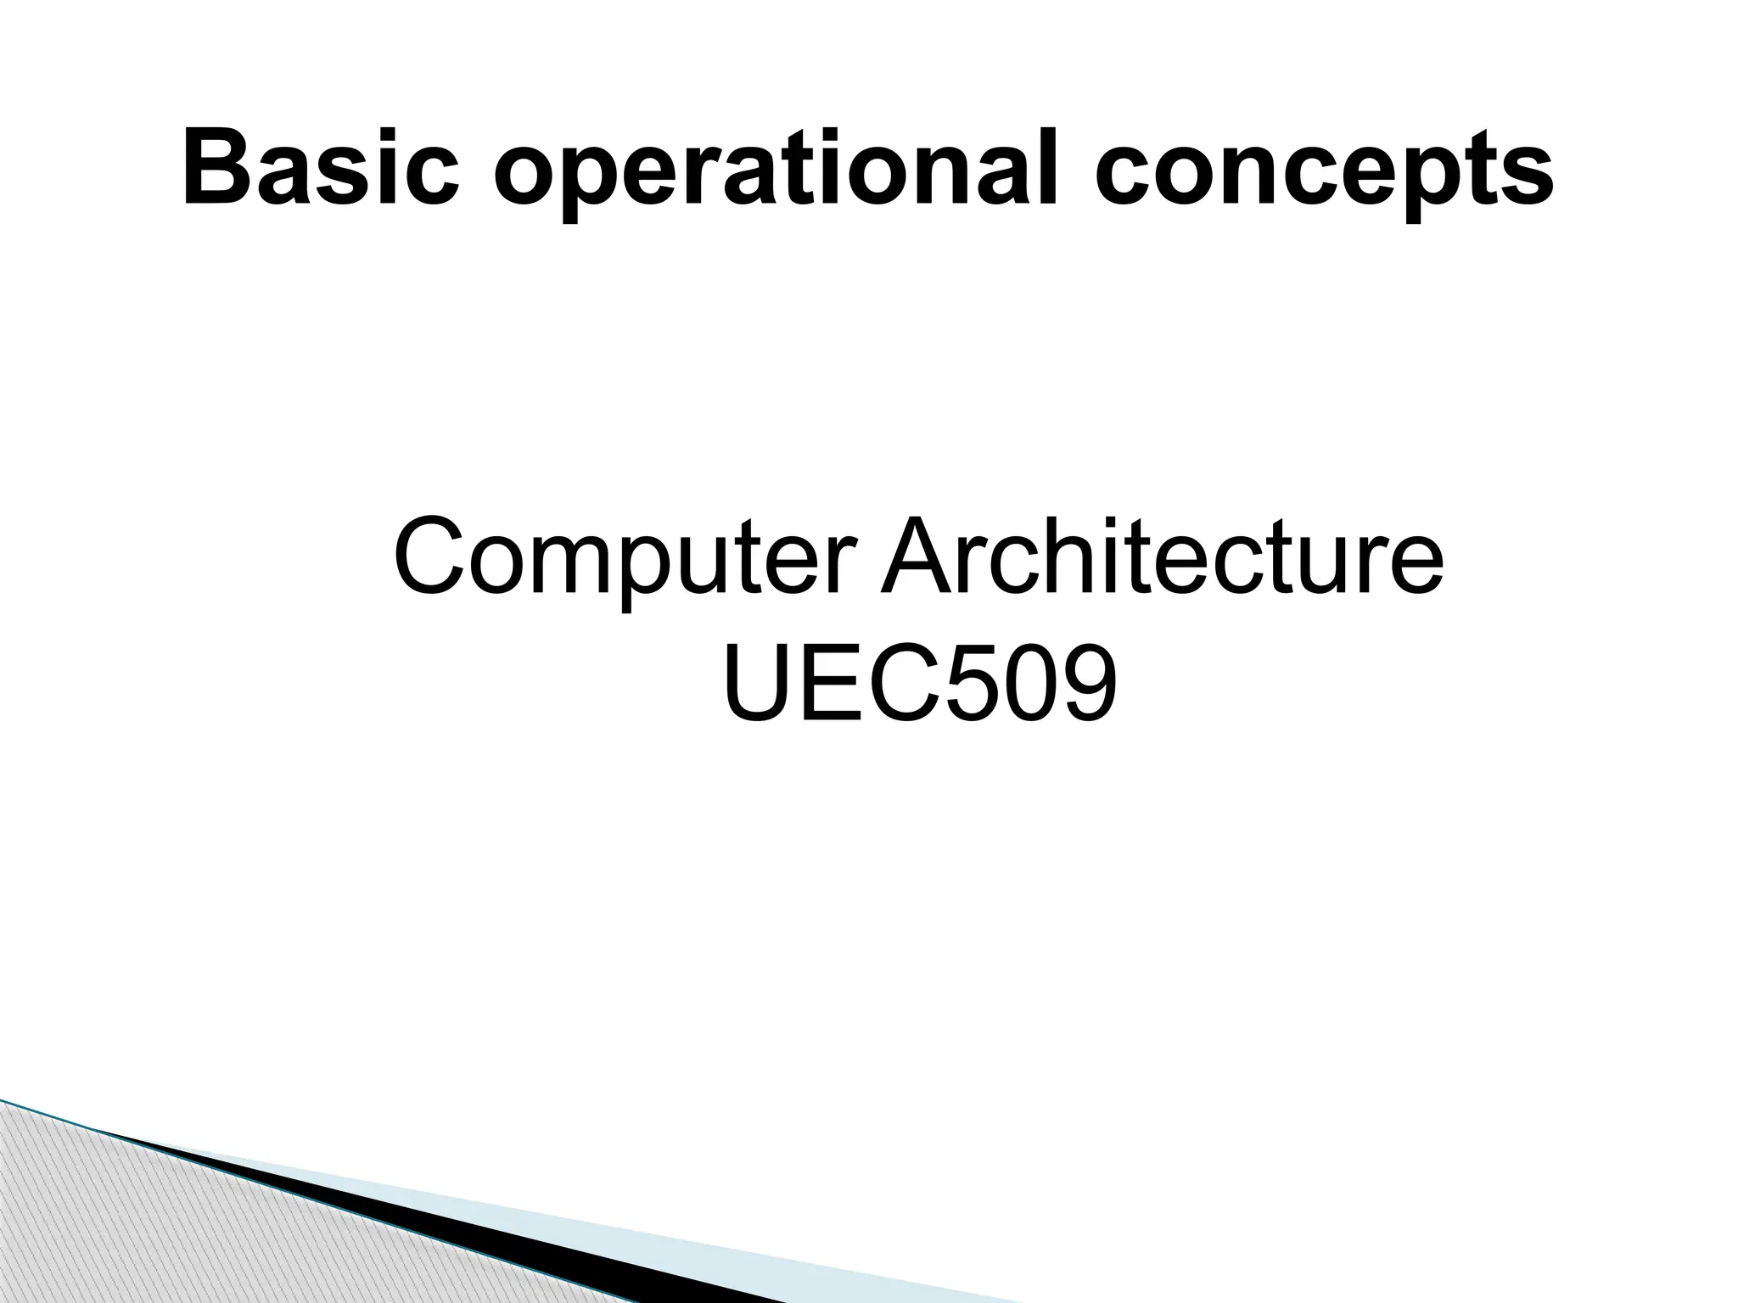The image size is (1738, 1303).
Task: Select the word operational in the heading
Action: point(776,173)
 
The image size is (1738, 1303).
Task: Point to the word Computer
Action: point(620,559)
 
